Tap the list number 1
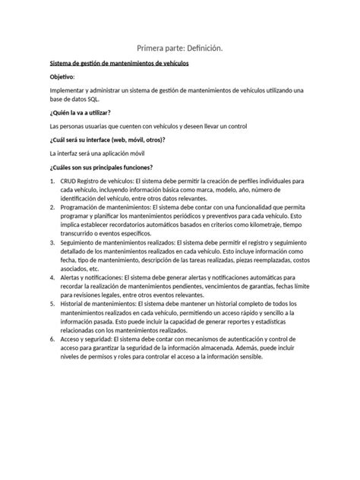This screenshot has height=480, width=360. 51,182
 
